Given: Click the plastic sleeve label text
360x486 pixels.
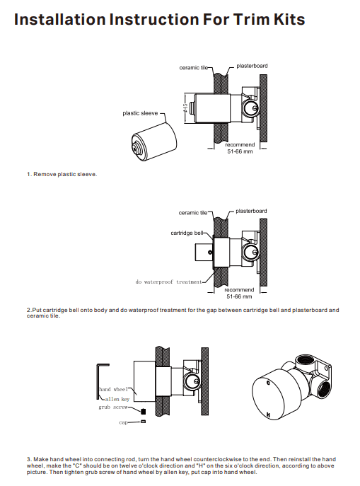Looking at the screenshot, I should point(140,113).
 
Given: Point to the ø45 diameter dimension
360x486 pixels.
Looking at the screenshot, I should point(185,107).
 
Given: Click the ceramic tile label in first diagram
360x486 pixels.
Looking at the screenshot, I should point(193,67).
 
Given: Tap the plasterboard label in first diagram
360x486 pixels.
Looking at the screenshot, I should point(252,66).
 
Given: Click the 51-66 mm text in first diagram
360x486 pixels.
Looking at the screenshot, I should point(239,151).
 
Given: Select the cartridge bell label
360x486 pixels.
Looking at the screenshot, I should point(187,232).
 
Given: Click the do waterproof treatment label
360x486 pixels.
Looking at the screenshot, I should point(169,282).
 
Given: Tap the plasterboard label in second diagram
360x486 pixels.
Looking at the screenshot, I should point(251,211).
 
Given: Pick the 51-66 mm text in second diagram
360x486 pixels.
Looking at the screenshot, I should point(239,296).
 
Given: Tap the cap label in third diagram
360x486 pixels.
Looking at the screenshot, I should point(123,422).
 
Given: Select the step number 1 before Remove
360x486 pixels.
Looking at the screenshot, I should point(28,174).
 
